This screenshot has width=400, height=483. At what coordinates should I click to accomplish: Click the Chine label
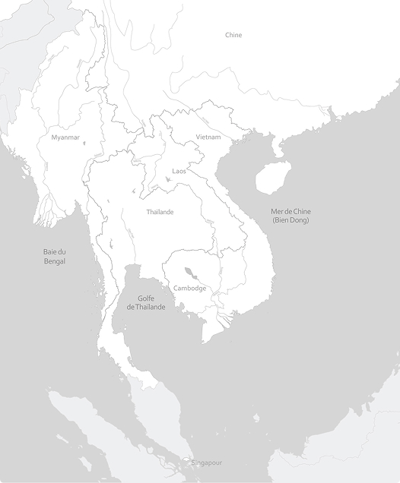tap(233, 35)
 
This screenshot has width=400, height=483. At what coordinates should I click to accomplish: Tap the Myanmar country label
tap(65, 137)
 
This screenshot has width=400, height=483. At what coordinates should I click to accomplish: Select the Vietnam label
tap(208, 137)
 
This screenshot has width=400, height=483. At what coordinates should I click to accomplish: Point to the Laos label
tap(179, 171)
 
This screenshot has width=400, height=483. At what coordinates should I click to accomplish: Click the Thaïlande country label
tap(160, 212)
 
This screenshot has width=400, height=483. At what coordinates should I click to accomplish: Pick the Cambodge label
tap(189, 288)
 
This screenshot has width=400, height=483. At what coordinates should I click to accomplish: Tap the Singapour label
tap(208, 462)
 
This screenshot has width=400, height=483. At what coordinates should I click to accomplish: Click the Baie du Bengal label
tap(55, 256)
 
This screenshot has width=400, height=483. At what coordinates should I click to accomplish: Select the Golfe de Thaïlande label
tap(146, 302)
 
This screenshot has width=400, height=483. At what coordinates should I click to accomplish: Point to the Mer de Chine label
tap(291, 211)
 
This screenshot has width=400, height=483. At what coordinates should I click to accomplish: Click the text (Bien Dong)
tap(291, 220)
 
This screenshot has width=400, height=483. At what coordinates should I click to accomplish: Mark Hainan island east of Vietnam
tap(272, 178)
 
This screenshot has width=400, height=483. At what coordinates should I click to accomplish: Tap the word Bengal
tap(55, 261)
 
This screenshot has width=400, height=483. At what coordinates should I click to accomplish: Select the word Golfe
tap(147, 298)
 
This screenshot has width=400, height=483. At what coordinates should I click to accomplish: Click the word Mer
tap(277, 211)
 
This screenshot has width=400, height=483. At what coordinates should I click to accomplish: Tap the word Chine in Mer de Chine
tap(301, 211)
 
